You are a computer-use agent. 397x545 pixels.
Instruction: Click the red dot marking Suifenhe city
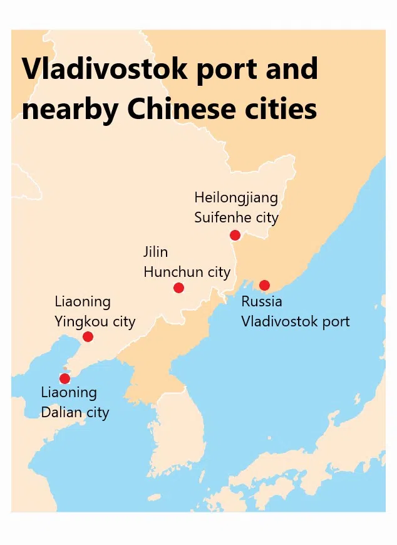tap(235, 235)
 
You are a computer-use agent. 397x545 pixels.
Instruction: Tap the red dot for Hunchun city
tap(178, 288)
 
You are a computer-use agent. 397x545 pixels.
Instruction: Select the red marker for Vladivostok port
tap(264, 285)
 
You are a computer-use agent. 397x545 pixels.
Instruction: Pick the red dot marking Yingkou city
tap(88, 336)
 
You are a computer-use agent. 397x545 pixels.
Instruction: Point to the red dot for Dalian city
tap(64, 378)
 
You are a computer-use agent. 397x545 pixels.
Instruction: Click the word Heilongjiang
tap(235, 197)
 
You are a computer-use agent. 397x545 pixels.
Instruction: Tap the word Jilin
tap(156, 252)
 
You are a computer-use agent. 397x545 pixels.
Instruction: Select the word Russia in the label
tap(262, 301)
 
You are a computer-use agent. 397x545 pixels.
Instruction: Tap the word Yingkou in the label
tap(81, 322)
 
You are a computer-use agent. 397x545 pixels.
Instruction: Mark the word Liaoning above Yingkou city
tap(83, 301)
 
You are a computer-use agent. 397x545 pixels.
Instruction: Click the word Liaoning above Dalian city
tap(69, 393)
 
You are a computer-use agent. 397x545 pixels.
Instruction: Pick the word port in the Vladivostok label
tap(333, 322)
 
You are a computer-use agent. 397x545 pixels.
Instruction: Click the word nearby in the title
tap(69, 109)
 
